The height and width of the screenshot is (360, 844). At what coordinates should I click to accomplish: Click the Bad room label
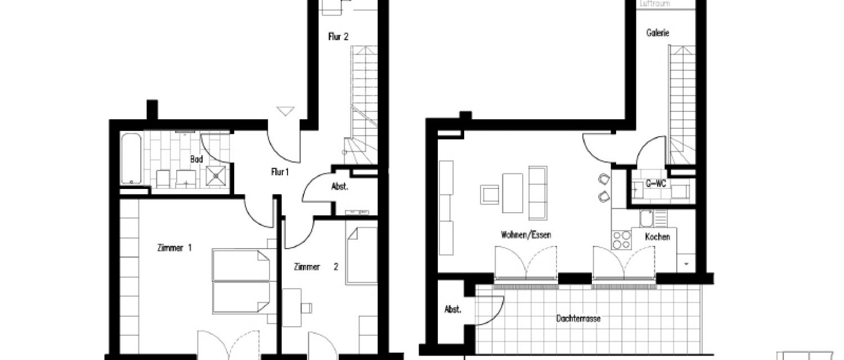[196, 159]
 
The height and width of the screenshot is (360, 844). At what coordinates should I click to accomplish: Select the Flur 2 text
[338, 37]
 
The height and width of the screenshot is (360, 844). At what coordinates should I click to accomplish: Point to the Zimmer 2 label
[315, 267]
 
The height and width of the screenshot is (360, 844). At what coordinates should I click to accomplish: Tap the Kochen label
[658, 237]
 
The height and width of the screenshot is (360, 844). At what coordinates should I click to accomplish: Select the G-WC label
[656, 183]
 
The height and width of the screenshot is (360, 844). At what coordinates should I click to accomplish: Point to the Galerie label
[657, 33]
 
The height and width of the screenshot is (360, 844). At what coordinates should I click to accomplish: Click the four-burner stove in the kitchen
[621, 240]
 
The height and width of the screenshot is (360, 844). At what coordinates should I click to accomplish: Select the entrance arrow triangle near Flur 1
[286, 111]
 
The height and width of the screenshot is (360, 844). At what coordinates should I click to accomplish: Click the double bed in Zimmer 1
[240, 281]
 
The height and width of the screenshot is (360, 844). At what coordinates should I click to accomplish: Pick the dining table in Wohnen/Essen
[513, 193]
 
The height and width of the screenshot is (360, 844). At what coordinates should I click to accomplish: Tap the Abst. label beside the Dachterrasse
[453, 309]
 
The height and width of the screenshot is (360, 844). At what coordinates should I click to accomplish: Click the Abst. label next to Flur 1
[339, 187]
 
